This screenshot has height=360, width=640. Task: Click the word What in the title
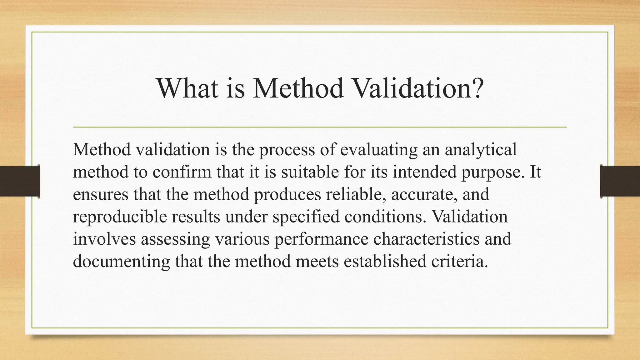tap(187, 88)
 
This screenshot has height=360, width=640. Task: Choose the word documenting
tap(121, 262)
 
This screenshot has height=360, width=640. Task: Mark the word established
tap(385, 261)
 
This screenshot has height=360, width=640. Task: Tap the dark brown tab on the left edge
tap(20, 181)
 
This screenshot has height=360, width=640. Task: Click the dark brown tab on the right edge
tap(620, 181)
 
